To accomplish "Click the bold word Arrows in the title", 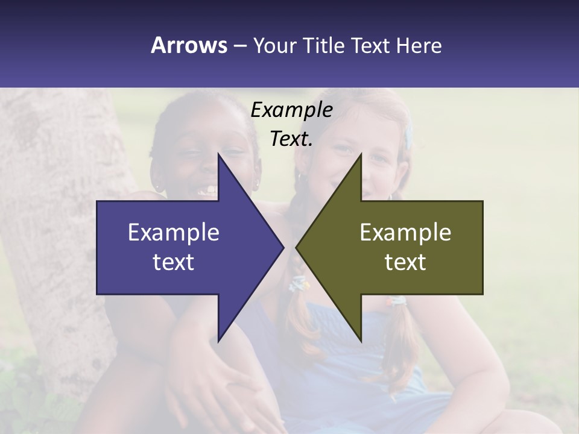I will (189, 45).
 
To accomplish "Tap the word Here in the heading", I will (419, 45).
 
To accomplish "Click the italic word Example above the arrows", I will (291, 110).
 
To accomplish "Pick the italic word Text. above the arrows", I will (291, 139).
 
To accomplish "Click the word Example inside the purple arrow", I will (174, 232).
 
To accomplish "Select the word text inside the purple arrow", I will (174, 262).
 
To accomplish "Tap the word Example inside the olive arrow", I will (405, 232).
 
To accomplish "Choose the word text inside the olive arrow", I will (405, 262).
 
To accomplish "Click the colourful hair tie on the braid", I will (299, 283).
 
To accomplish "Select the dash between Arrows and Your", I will (239, 46).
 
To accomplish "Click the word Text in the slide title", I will (371, 45).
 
